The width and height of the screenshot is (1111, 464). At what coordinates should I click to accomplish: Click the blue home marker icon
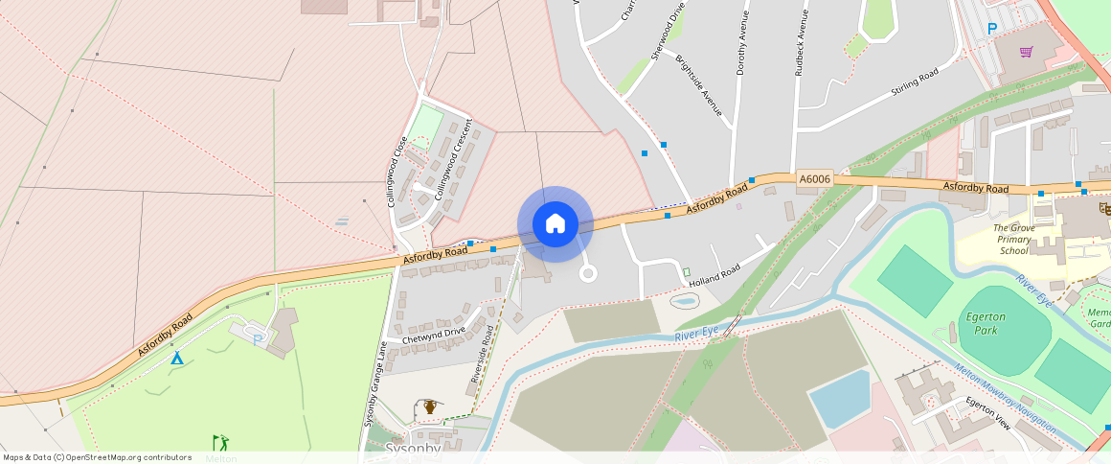tap(555, 224)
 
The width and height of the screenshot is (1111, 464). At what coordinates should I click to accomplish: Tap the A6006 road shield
tap(814, 178)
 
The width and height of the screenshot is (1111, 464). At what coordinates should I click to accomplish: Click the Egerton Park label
tap(981, 323)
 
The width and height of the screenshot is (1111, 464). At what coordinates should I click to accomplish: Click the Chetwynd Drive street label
tap(433, 335)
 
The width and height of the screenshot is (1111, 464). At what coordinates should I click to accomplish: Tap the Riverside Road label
tap(482, 354)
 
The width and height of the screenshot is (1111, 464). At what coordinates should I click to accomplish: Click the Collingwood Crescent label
tap(453, 159)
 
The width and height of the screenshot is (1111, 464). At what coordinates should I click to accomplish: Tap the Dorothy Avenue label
tap(740, 44)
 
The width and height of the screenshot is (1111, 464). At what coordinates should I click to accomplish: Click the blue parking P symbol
tap(992, 30)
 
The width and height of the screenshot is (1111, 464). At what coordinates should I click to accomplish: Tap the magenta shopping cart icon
tap(1027, 52)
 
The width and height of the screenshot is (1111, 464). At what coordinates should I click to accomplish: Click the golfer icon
tap(221, 442)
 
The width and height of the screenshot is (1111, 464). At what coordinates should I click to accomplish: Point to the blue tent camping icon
tap(176, 357)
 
